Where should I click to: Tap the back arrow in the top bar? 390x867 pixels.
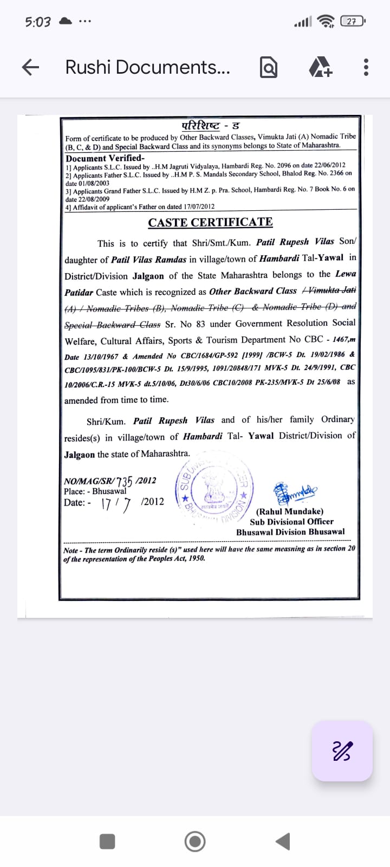31,67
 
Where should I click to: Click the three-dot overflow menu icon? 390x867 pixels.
366,67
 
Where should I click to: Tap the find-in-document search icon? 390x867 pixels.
269,67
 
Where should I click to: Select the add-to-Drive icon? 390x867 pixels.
320,67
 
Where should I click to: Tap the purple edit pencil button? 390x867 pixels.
342,751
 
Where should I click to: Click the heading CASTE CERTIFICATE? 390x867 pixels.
210,223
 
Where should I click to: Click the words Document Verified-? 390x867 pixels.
105,158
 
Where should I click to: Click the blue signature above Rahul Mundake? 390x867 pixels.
295,492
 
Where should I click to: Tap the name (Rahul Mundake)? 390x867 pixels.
290,511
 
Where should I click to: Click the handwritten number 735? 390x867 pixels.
125,481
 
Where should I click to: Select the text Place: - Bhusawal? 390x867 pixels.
95,491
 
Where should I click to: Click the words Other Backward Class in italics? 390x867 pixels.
253,291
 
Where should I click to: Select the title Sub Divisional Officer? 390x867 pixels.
291,521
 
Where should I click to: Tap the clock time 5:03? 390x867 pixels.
37,22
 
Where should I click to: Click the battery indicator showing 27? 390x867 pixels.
353,22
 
